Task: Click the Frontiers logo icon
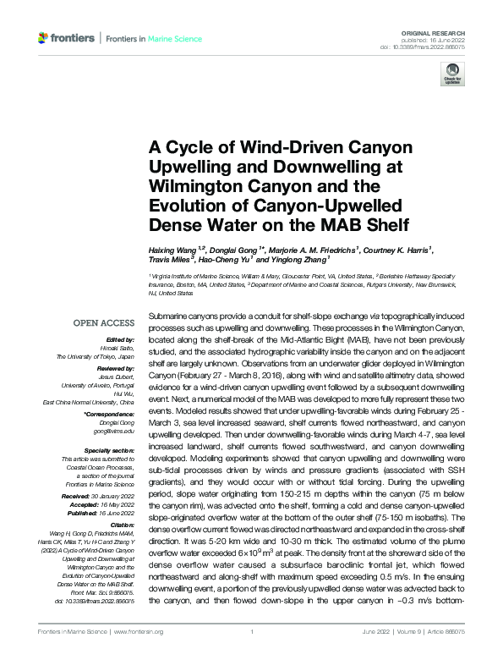(44, 38)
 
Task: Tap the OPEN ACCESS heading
(104, 323)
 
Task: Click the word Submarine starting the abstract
(167, 290)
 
